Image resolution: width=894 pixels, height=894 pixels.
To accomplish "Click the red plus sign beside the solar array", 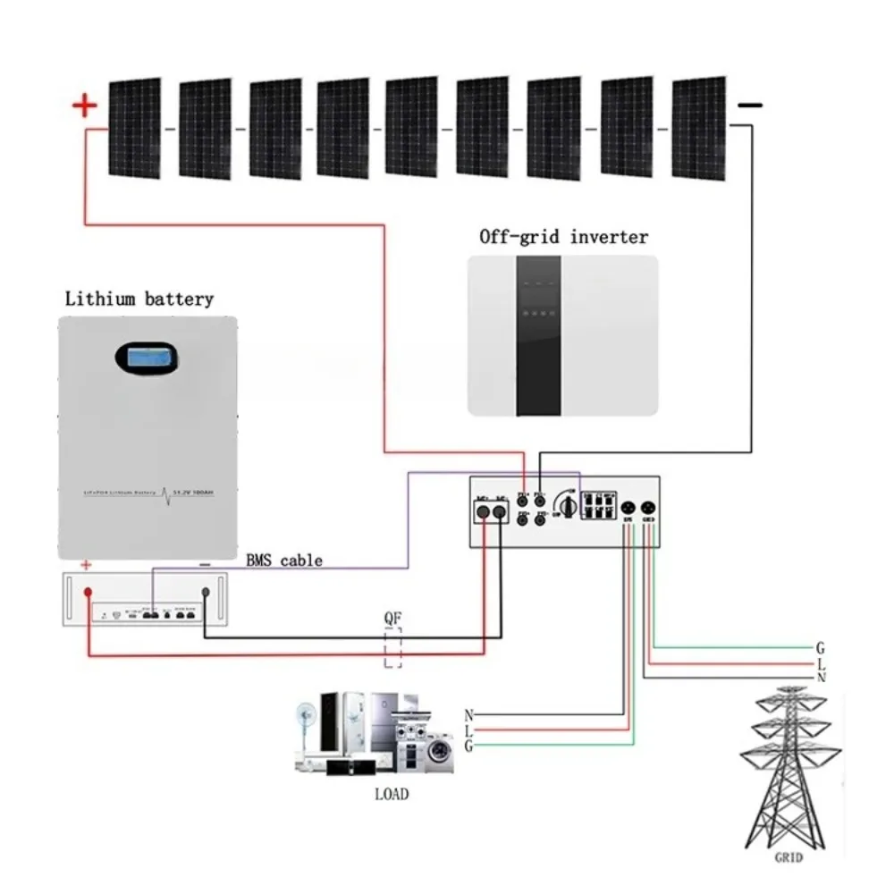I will tap(84, 106).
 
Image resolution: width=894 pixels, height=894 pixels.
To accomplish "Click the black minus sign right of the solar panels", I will tap(750, 105).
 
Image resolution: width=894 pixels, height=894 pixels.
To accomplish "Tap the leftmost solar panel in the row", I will tap(135, 128).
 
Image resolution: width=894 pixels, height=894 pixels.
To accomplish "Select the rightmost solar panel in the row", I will tap(699, 128).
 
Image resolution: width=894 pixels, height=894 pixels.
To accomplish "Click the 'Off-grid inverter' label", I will tap(563, 237).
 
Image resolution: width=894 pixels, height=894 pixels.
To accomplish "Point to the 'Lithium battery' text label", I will tap(139, 299).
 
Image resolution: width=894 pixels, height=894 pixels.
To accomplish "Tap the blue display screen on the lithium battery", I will tap(147, 358).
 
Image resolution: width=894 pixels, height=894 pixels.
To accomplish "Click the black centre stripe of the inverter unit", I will tap(536, 334).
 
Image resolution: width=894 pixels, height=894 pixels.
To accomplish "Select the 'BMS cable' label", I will tap(283, 561).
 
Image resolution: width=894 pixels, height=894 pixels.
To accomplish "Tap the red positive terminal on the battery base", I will tap(89, 593).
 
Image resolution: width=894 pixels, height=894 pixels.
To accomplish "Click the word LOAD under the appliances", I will tap(392, 793).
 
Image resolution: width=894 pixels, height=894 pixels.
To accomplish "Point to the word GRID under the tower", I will tap(789, 856).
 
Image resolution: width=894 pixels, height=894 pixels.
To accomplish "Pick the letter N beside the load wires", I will tap(468, 715).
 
